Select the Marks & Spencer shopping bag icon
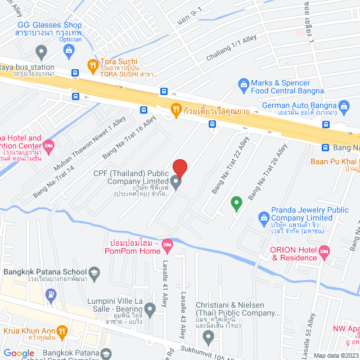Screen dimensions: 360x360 pos(243,86)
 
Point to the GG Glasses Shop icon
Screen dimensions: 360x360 pos(68,52)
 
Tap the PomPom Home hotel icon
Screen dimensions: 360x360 pos(167,245)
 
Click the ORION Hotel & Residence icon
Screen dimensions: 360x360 pos(323,254)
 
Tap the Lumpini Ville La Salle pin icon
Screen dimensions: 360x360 pos(150,308)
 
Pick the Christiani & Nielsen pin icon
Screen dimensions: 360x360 pos(208,338)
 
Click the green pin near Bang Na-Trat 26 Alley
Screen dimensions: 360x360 pos(237,202)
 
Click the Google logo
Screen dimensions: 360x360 pos(19,353)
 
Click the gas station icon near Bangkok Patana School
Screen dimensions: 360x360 pos(51,294)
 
